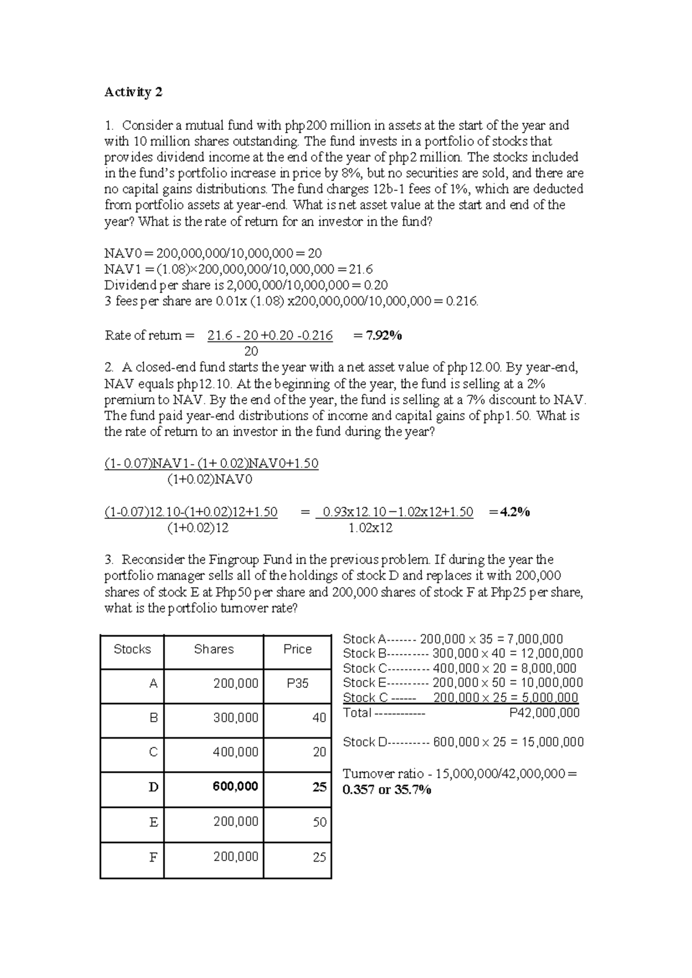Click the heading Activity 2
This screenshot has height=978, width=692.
(133, 92)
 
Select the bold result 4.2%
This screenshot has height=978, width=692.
(515, 511)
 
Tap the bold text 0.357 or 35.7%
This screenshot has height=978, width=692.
(386, 790)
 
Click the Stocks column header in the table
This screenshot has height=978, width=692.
(132, 649)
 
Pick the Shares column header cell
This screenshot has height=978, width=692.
(213, 649)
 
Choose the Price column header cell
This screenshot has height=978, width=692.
(298, 649)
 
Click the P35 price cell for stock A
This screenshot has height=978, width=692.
(298, 683)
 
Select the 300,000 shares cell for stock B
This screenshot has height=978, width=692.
(235, 718)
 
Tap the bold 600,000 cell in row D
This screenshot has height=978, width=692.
(235, 787)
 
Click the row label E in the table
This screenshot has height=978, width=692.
(153, 822)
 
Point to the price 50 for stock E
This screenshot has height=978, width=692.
(319, 822)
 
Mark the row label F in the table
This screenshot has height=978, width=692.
(153, 857)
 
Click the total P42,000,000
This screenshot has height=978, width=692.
(544, 713)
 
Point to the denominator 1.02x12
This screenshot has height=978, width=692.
(371, 528)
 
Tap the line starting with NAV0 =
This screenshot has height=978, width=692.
(213, 253)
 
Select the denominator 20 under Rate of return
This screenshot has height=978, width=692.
(251, 351)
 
